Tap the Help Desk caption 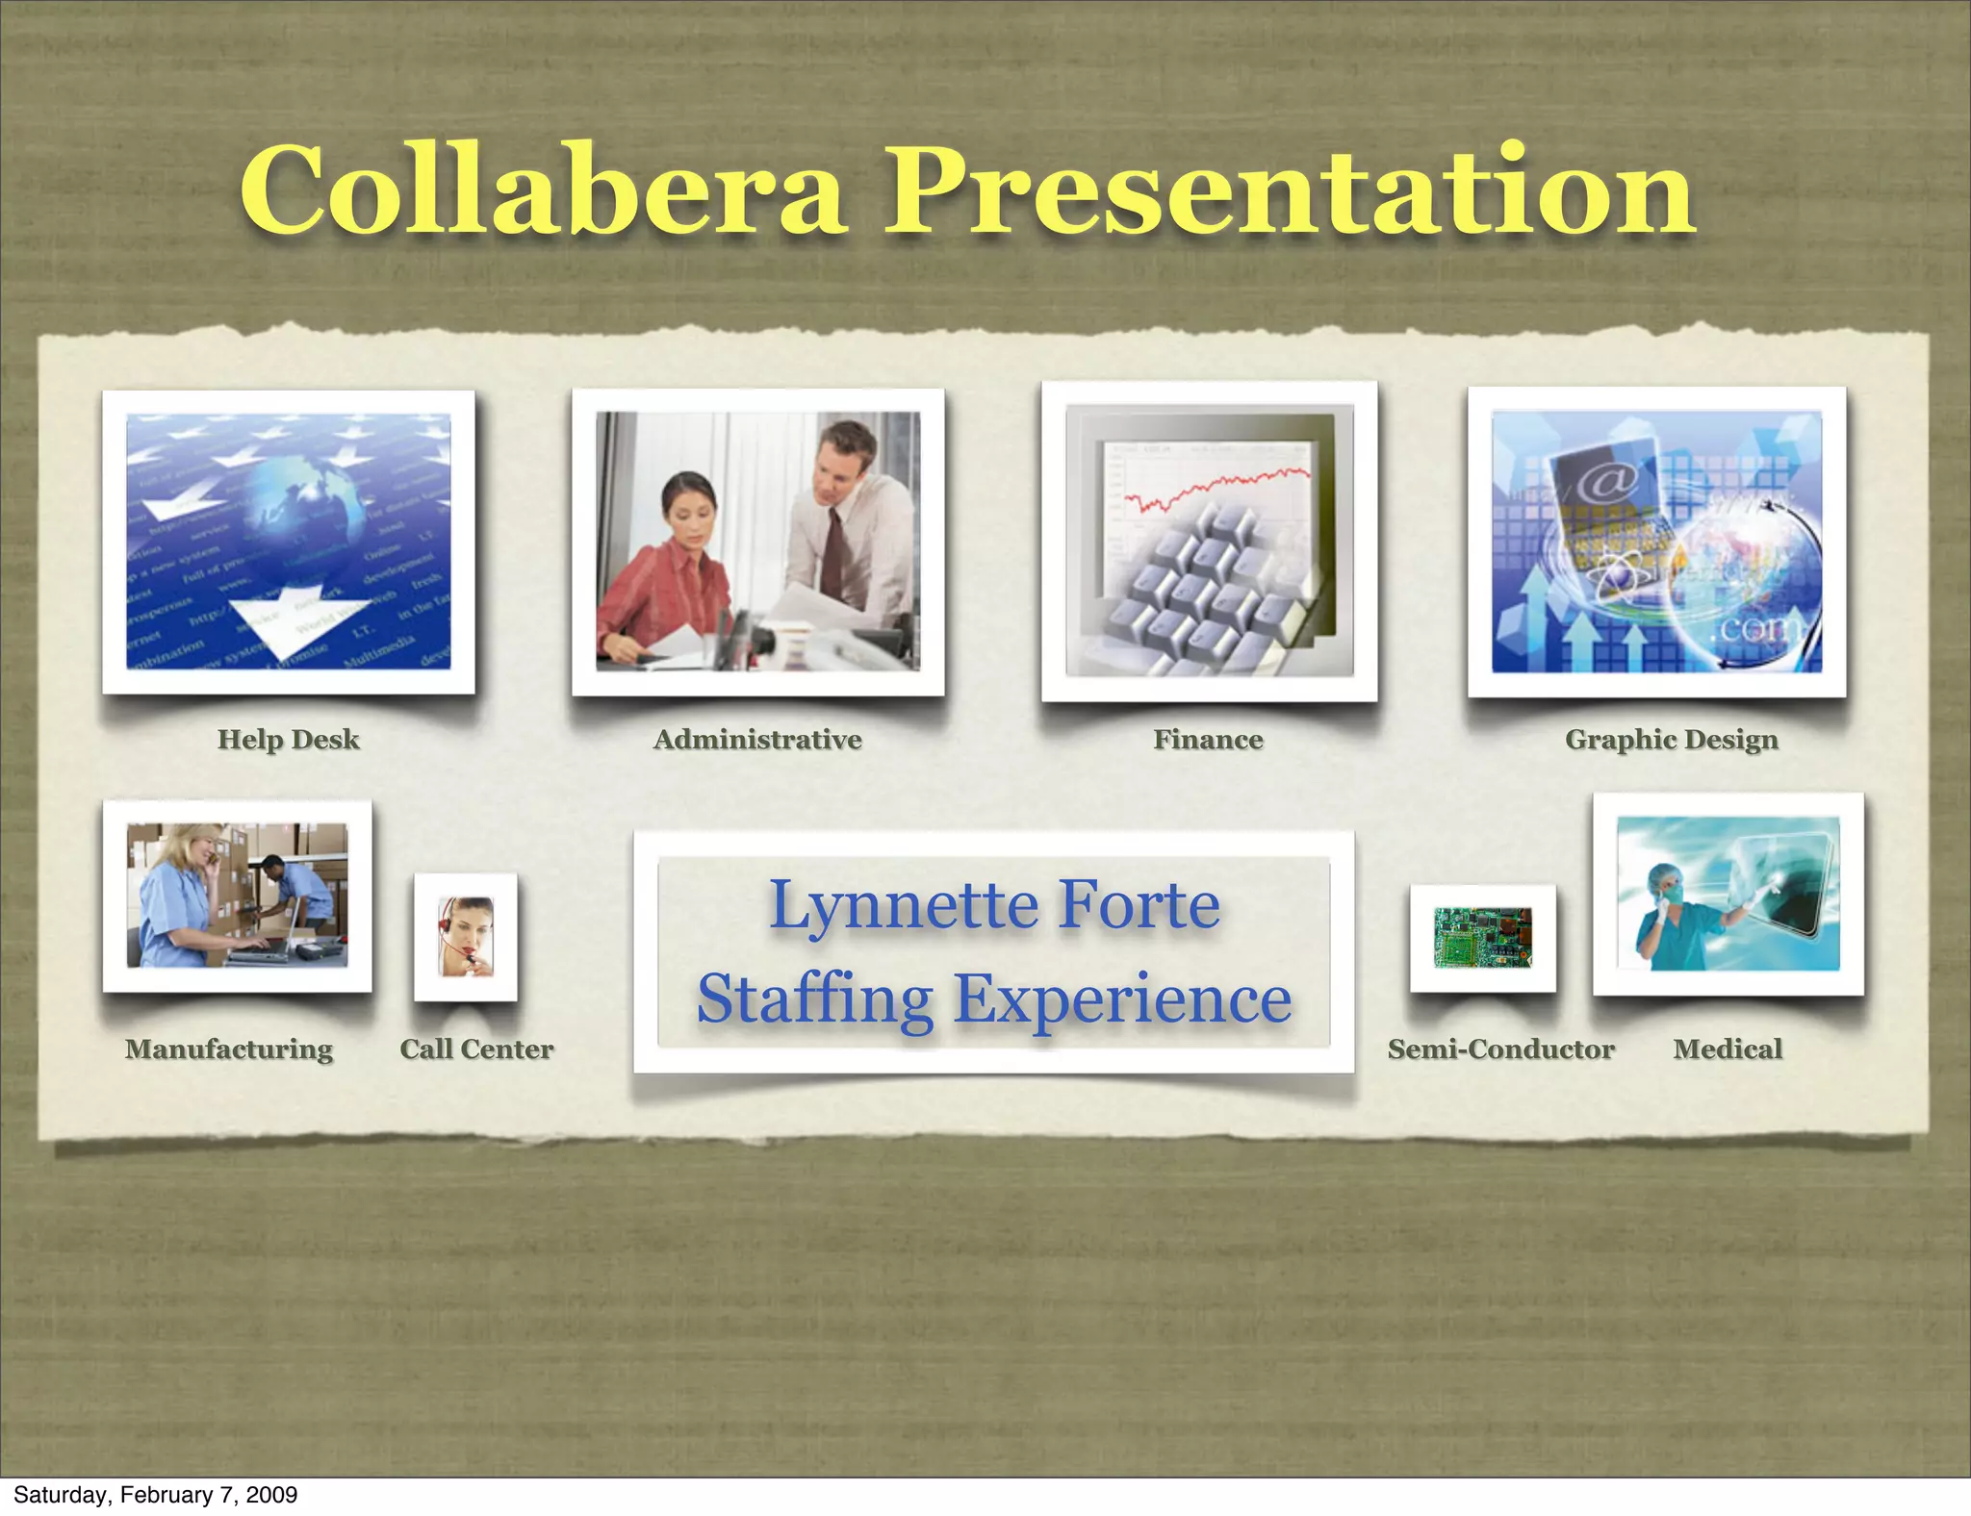pyautogui.click(x=288, y=739)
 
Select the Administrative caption pyautogui.click(x=757, y=739)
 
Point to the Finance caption pyautogui.click(x=1208, y=739)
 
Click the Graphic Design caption pyautogui.click(x=1671, y=740)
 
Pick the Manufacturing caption pyautogui.click(x=229, y=1049)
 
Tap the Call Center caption pyautogui.click(x=476, y=1049)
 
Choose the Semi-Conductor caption pyautogui.click(x=1500, y=1049)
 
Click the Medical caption pyautogui.click(x=1728, y=1049)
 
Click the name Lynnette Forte pyautogui.click(x=994, y=905)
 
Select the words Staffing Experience pyautogui.click(x=994, y=998)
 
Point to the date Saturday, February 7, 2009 pyautogui.click(x=155, y=1494)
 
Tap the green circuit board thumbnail pyautogui.click(x=1482, y=937)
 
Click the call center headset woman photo pyautogui.click(x=466, y=936)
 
